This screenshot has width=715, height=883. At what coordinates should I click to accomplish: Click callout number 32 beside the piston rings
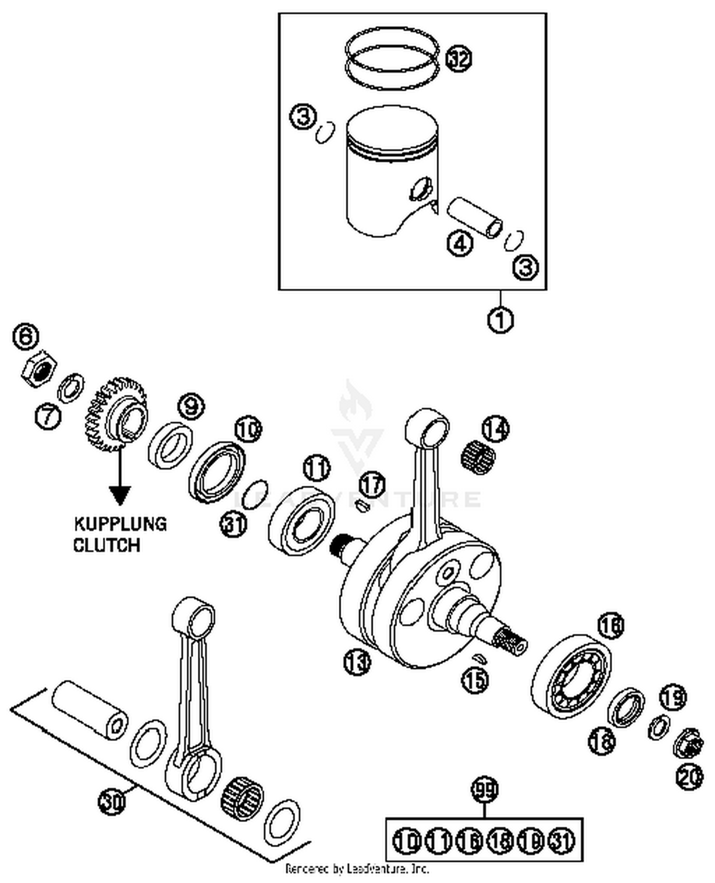(458, 59)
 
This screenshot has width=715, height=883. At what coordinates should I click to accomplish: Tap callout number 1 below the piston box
(500, 319)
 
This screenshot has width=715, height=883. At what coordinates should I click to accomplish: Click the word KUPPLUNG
(120, 524)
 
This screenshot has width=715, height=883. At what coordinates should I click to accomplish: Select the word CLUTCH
(107, 544)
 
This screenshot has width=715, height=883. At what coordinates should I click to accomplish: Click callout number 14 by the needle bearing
(495, 429)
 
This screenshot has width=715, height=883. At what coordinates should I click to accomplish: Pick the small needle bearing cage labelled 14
(477, 454)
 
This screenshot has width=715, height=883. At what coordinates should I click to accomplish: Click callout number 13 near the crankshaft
(357, 662)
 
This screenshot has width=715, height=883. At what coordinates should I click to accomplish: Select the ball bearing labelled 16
(571, 676)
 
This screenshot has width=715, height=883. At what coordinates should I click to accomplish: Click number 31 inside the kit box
(562, 840)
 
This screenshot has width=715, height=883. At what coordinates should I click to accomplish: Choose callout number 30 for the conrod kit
(112, 801)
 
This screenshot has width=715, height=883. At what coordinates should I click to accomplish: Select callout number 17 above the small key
(372, 484)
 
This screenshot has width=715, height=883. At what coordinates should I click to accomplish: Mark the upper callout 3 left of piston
(304, 117)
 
